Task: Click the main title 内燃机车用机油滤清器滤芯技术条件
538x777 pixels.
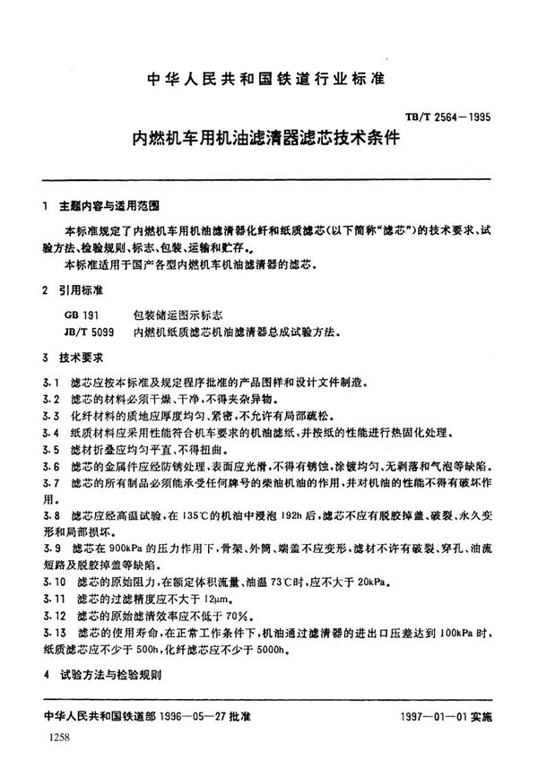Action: point(266,140)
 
